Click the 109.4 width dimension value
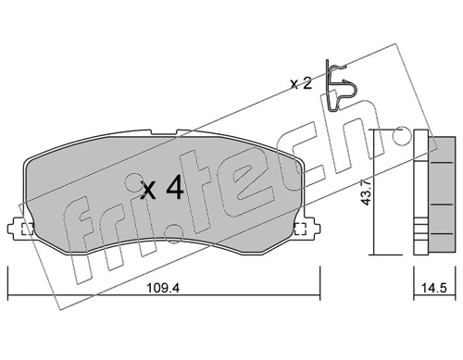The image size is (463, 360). [x=162, y=288]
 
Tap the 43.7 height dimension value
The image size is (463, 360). [x=367, y=192]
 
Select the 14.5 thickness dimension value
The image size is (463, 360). [x=434, y=288]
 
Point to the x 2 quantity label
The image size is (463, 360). [x=301, y=83]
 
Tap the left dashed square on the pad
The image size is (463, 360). [x=27, y=229]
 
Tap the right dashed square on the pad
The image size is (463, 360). [x=300, y=229]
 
